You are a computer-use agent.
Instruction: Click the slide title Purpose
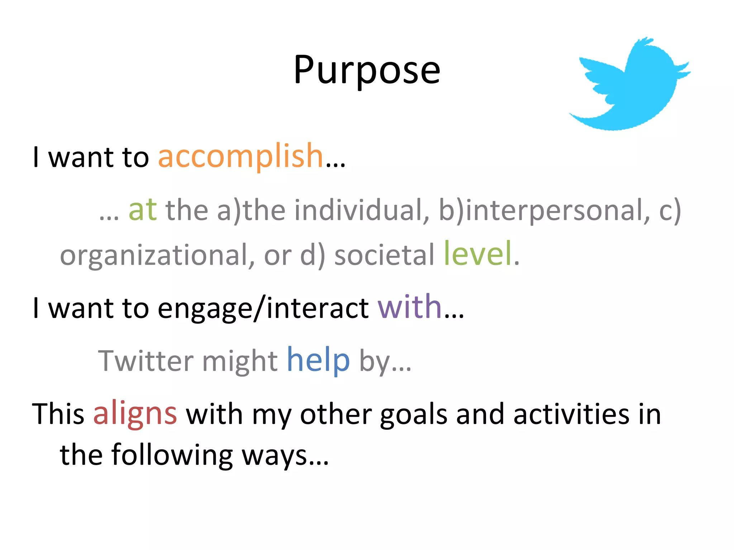[x=367, y=71]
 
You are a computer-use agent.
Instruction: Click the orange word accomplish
[x=241, y=156]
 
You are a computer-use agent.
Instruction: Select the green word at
[x=142, y=210]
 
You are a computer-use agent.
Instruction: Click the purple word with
[x=409, y=307]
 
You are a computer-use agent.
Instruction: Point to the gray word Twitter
[x=145, y=361]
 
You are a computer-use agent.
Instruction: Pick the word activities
[x=571, y=414]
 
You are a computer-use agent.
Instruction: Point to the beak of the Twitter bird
[x=683, y=70]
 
